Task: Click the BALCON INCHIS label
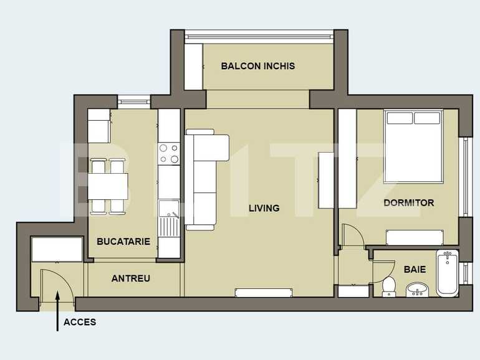click(x=257, y=65)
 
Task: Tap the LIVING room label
click(x=264, y=208)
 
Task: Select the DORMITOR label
click(x=408, y=203)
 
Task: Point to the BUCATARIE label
click(x=123, y=241)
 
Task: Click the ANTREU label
click(x=130, y=278)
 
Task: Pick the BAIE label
click(x=415, y=270)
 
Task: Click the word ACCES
click(x=79, y=322)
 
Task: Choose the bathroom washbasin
click(x=418, y=289)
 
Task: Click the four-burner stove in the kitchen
click(x=168, y=153)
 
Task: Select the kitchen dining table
click(x=108, y=186)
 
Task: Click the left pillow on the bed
click(x=399, y=118)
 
